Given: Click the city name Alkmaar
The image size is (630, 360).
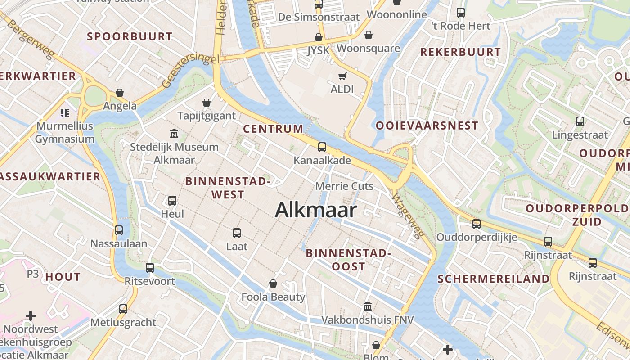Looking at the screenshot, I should click(x=316, y=210).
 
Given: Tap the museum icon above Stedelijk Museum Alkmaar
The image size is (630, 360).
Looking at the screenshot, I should click(x=174, y=134).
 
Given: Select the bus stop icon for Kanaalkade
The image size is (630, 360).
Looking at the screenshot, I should click(x=322, y=147).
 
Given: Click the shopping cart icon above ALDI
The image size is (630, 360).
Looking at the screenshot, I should click(x=342, y=76).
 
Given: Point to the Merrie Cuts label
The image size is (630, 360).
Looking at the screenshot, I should click(x=344, y=186).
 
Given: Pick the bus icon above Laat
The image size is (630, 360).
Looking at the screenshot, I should click(x=237, y=233).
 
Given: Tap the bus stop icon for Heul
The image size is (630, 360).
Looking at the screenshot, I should click(x=172, y=201).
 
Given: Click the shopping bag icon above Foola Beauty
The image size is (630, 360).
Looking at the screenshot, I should click(x=273, y=283).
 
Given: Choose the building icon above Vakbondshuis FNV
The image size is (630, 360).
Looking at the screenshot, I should click(x=368, y=306).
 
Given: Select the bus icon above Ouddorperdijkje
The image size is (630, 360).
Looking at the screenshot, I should click(x=477, y=224).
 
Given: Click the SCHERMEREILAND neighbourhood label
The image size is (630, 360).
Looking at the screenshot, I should click(x=494, y=279).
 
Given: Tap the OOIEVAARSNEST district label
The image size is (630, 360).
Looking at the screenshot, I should click(x=427, y=126).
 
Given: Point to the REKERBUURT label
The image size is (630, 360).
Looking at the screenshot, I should click(x=460, y=52).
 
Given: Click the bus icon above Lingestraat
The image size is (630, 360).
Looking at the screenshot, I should click(x=580, y=121).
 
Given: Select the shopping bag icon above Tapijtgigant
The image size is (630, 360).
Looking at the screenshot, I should click(x=207, y=103).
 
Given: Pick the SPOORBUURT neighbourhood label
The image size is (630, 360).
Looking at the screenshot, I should click(x=130, y=37).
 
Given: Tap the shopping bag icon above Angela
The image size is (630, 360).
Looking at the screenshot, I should click(x=120, y=93).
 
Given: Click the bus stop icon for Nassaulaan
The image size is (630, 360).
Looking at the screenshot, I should click(x=119, y=230).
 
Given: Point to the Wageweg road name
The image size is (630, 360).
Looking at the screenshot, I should click(x=408, y=216).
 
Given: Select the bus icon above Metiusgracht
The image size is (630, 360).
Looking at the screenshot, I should click(x=123, y=309).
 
